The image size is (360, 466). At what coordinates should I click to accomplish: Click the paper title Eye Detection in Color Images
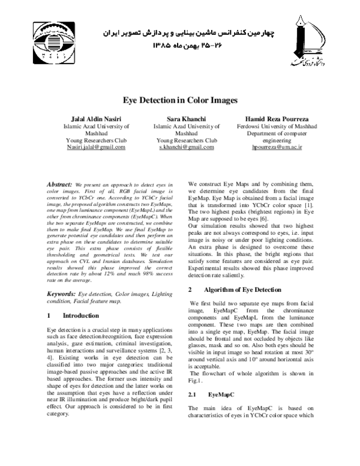181,101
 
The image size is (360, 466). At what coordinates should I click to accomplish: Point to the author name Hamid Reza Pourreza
268,119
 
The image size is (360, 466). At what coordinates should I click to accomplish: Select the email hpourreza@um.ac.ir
268,147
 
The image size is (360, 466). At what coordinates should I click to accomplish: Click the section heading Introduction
80,315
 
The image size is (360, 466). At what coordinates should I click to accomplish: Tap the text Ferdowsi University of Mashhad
268,127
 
